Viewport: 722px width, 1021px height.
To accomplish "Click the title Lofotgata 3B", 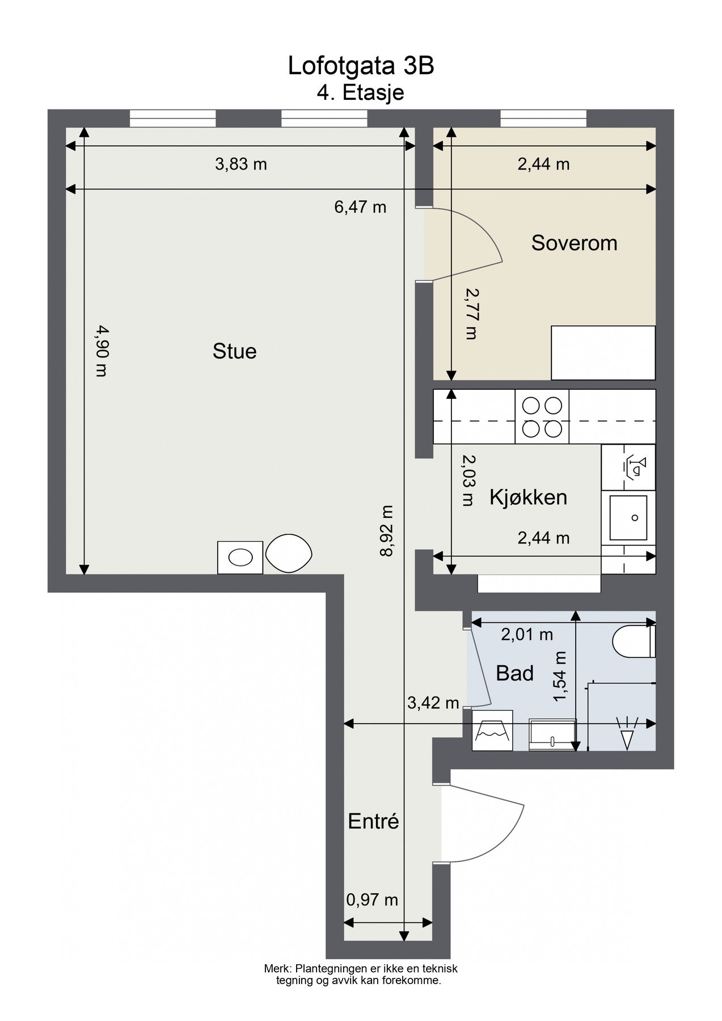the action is pos(361,66).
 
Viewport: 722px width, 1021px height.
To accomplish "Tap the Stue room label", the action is pos(234,351).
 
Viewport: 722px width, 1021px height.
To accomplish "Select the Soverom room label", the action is pos(574,243).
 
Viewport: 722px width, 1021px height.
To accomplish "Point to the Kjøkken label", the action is pos(528,497).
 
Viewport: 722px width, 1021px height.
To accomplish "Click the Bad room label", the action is pos(515,673).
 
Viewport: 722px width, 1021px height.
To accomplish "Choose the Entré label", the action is pos(373,821).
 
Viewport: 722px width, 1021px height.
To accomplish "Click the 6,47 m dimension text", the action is pos(360,207).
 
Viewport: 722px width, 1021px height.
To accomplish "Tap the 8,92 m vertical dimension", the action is pos(387,531).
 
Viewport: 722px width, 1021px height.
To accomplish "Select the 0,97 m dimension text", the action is pos(372,900).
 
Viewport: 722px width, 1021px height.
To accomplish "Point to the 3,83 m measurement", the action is pos(241,164).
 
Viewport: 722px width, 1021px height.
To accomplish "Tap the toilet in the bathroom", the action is pos(634,642).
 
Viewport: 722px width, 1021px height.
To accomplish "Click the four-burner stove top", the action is pos(542,417).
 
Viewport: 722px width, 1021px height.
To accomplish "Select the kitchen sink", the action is pos(628,518).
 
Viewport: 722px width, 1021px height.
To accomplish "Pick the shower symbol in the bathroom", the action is pos(627,734).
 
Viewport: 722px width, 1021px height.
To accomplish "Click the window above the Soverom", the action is pos(543,118).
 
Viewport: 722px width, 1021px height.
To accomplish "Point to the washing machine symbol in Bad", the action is pos(492,731).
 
